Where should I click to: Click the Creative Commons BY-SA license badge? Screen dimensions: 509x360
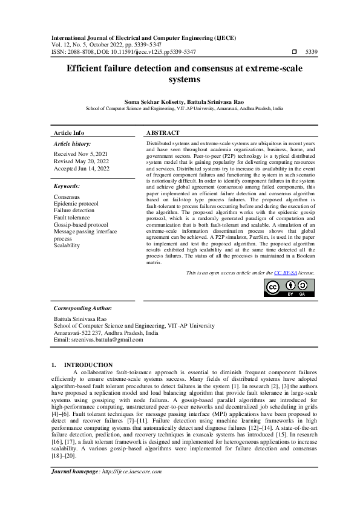(289, 289)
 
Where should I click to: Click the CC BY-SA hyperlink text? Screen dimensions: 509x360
(286, 273)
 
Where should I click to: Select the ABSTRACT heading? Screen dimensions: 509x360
(163, 132)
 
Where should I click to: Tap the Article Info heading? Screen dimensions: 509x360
(69, 132)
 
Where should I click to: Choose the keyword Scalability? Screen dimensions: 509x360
(67, 246)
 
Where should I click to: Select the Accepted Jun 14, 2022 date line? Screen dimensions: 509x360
(82, 169)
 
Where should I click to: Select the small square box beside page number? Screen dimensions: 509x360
(295, 52)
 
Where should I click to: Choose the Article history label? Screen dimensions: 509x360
(72, 144)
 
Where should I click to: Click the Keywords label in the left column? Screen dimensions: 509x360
(68, 186)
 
